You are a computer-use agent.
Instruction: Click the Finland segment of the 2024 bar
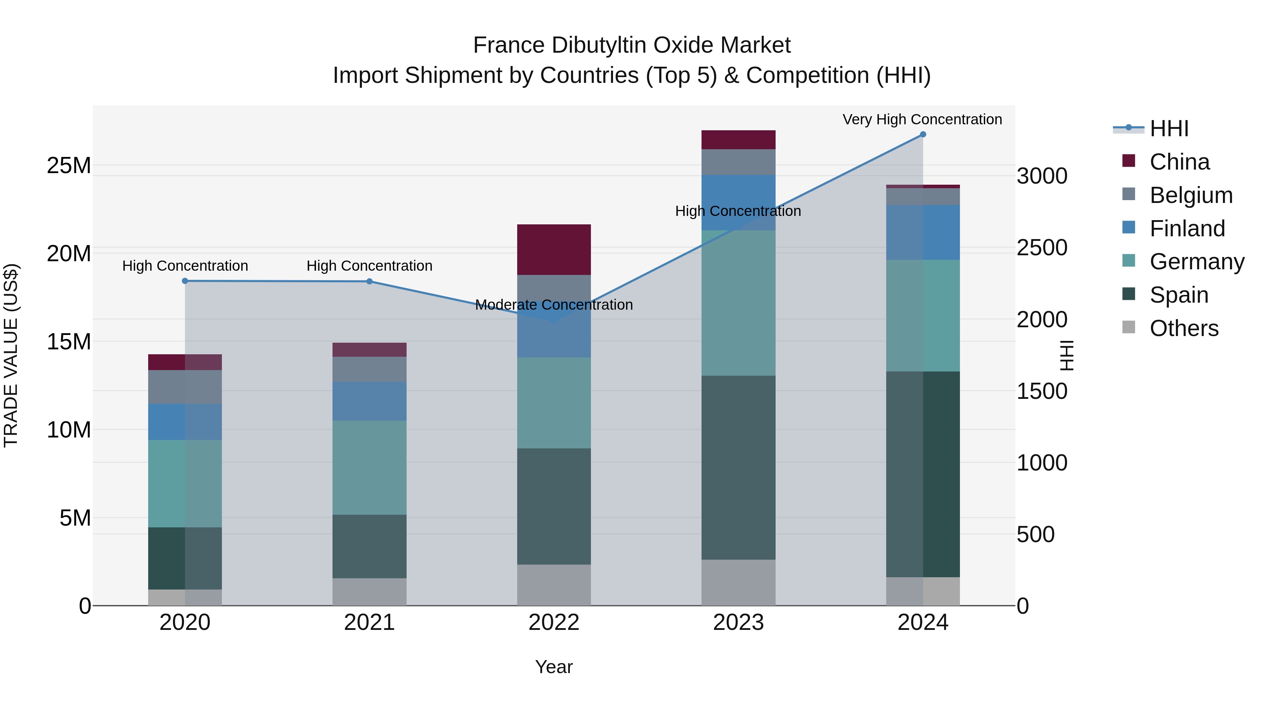point(922,232)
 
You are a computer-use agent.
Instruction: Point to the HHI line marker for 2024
point(922,134)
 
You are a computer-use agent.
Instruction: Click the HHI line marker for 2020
point(185,281)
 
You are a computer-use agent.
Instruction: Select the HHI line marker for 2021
point(369,281)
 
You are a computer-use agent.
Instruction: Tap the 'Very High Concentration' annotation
point(922,119)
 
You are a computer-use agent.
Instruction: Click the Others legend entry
point(1184,328)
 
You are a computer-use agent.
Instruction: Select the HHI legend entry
point(1169,129)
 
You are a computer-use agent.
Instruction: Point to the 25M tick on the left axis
point(69,165)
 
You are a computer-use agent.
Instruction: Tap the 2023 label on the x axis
point(738,622)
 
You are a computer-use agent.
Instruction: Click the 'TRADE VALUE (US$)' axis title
point(11,355)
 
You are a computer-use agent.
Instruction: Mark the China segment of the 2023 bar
point(738,139)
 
